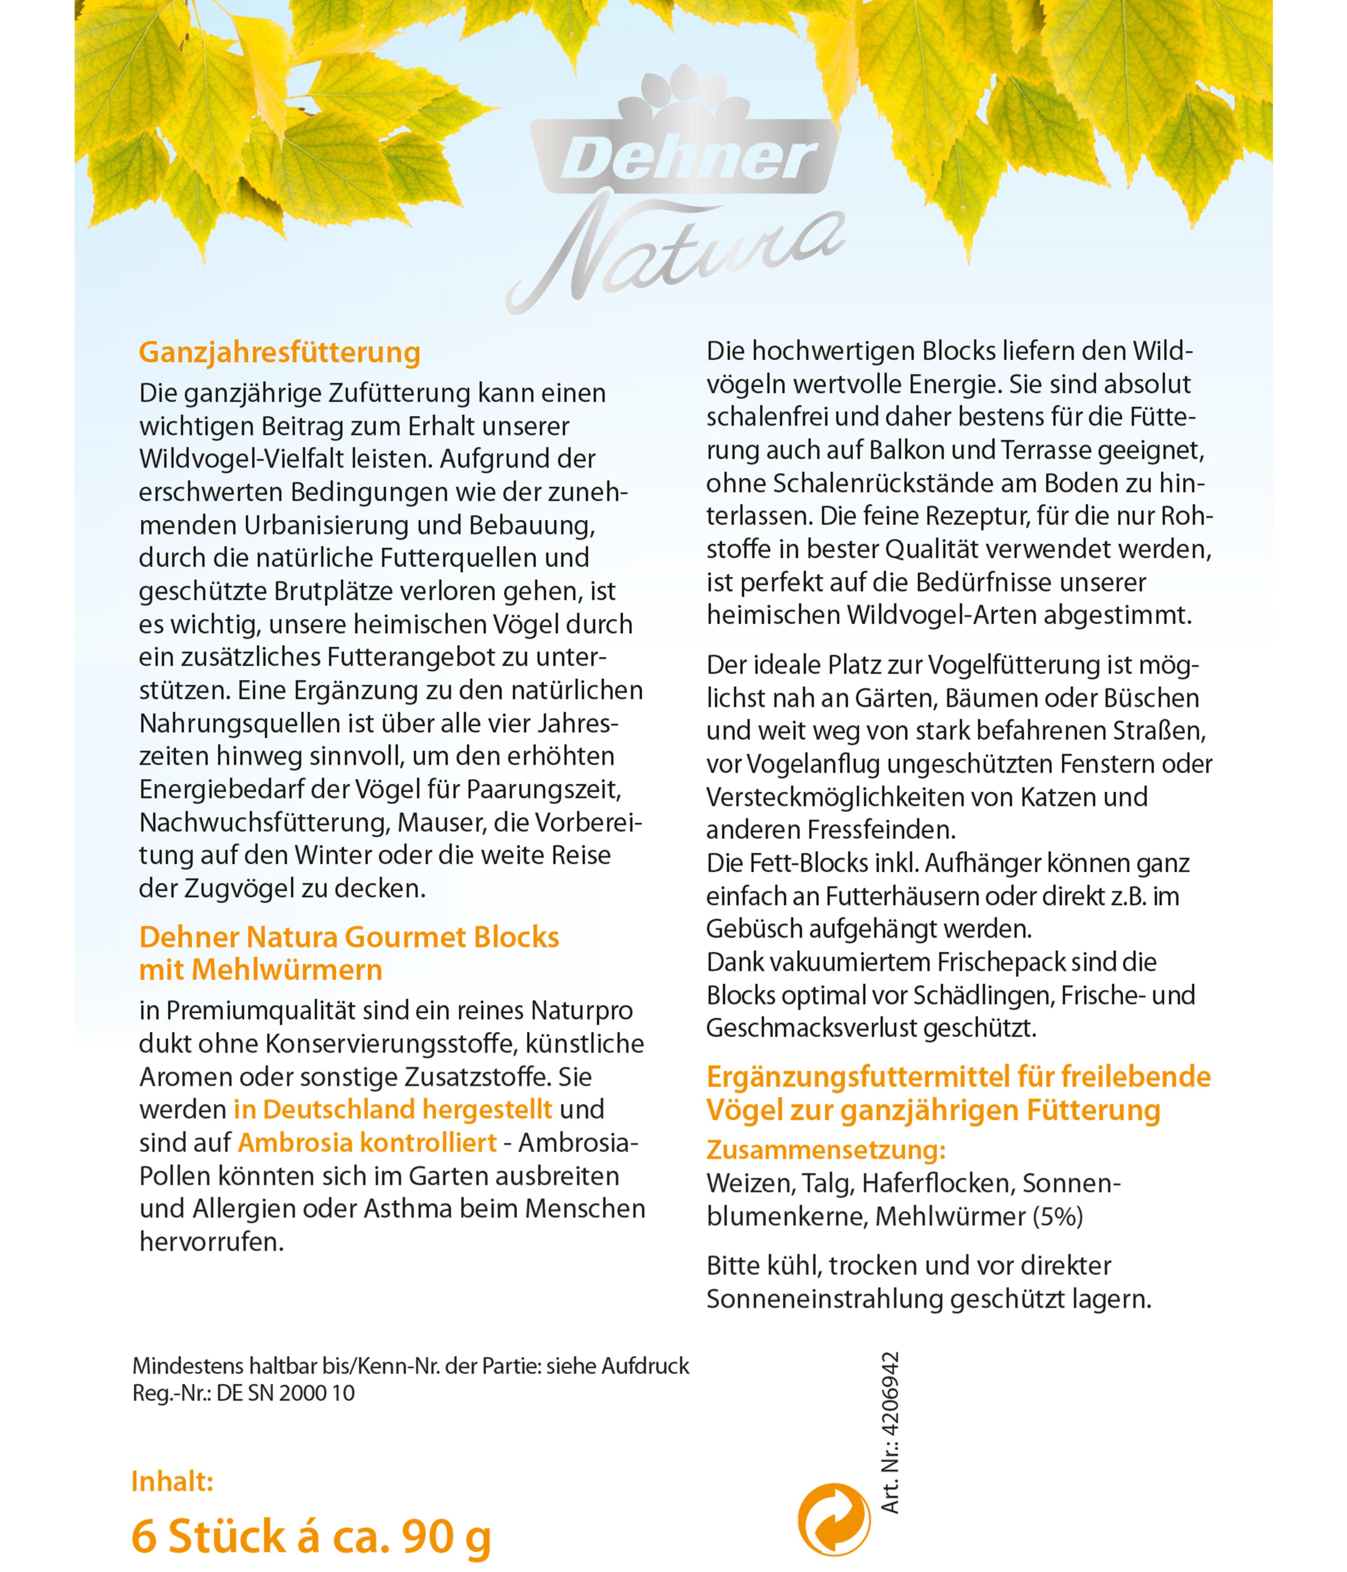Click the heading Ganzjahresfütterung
click(279, 353)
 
